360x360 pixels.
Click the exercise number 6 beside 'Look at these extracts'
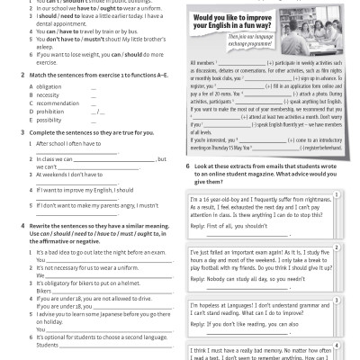pos(188,167)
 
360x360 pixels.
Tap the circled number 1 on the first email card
pos(335,193)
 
